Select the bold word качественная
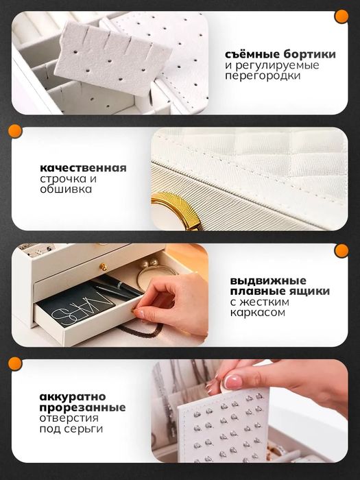83,167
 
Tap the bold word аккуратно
62,396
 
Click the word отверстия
68,418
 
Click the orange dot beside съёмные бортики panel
340,16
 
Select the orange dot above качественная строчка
14,132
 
